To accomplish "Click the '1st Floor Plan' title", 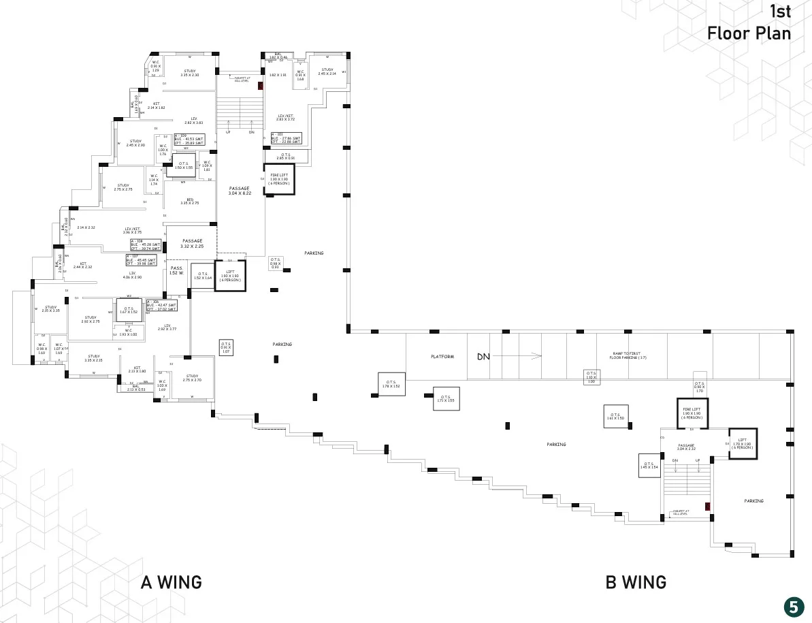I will coord(749,22).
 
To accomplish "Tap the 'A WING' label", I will coord(171,582).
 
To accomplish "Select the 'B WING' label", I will coord(636,582).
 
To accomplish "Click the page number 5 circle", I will coord(793,606).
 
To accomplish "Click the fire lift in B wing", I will coord(692,413).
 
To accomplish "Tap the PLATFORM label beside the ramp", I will coord(442,357).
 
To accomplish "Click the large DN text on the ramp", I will coord(483,356).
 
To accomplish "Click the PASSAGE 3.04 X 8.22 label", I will coord(240,191).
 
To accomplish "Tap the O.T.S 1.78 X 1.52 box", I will coord(391,384).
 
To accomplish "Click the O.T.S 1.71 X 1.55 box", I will coord(446,399).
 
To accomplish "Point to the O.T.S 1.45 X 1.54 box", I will coord(649,465).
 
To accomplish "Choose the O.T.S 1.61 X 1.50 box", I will coord(615,416).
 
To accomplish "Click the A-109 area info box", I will coord(189,140).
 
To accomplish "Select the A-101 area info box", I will coord(286,138).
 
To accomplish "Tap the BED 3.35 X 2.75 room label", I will coord(189,201).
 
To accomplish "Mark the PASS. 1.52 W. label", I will coord(176,270).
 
